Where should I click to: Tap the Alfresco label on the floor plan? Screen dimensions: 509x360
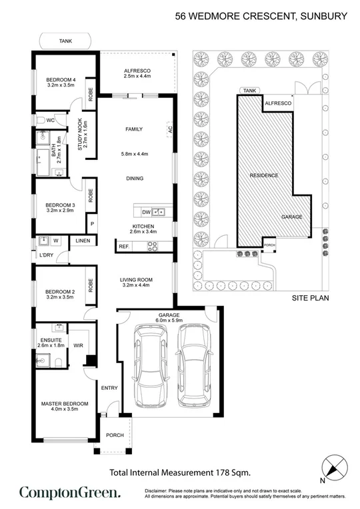(138, 73)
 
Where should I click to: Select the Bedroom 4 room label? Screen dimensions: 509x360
(60, 82)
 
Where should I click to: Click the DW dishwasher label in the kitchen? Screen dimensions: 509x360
(146, 212)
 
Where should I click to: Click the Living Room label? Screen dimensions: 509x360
(137, 281)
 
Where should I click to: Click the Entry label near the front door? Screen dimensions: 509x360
(109, 388)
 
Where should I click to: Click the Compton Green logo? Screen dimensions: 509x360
(70, 492)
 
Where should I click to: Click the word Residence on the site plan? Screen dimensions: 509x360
(265, 175)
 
